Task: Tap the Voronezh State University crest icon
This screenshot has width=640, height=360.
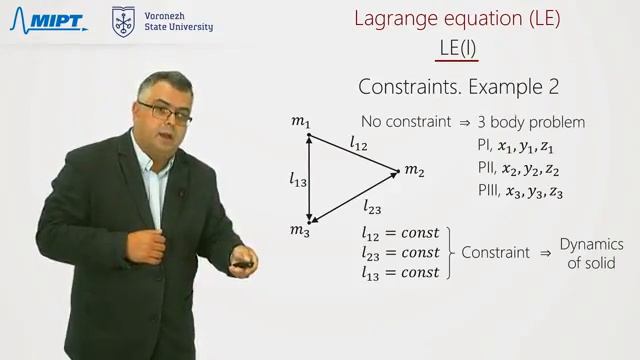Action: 123,20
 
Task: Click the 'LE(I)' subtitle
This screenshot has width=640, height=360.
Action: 458,47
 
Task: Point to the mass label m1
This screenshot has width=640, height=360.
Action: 300,122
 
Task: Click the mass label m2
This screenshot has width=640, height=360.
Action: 414,171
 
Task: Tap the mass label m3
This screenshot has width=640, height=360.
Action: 300,231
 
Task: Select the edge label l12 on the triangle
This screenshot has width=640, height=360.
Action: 359,146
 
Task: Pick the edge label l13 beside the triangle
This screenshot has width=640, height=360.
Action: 298,180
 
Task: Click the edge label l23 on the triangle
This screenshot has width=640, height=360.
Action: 371,208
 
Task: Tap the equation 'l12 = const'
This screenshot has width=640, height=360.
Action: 400,234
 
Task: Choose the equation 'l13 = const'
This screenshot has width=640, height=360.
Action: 400,272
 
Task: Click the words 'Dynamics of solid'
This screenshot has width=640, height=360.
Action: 591,254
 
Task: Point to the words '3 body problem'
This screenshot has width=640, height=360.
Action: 531,123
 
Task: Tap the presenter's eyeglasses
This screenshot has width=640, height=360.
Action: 167,110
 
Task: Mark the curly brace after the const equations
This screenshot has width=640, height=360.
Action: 450,253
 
